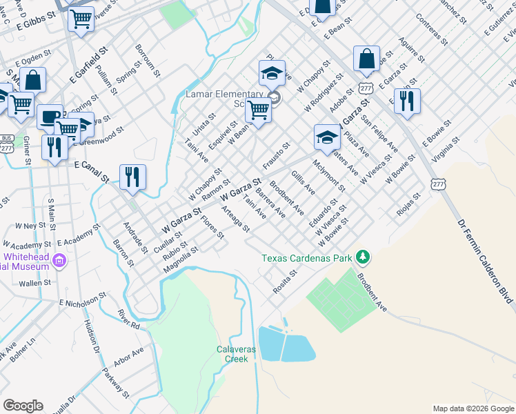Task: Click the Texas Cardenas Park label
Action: point(306,259)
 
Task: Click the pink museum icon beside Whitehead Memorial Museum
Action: point(60,261)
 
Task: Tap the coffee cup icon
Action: point(50,117)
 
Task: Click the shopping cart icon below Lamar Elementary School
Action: point(259,109)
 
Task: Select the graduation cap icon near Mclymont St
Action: point(327,136)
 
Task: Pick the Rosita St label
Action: point(284,282)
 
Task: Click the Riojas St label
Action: point(408,209)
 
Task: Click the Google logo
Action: point(23,406)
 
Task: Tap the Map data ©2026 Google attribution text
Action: point(473,408)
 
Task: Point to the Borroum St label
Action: point(148,60)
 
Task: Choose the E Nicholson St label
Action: point(81,299)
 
